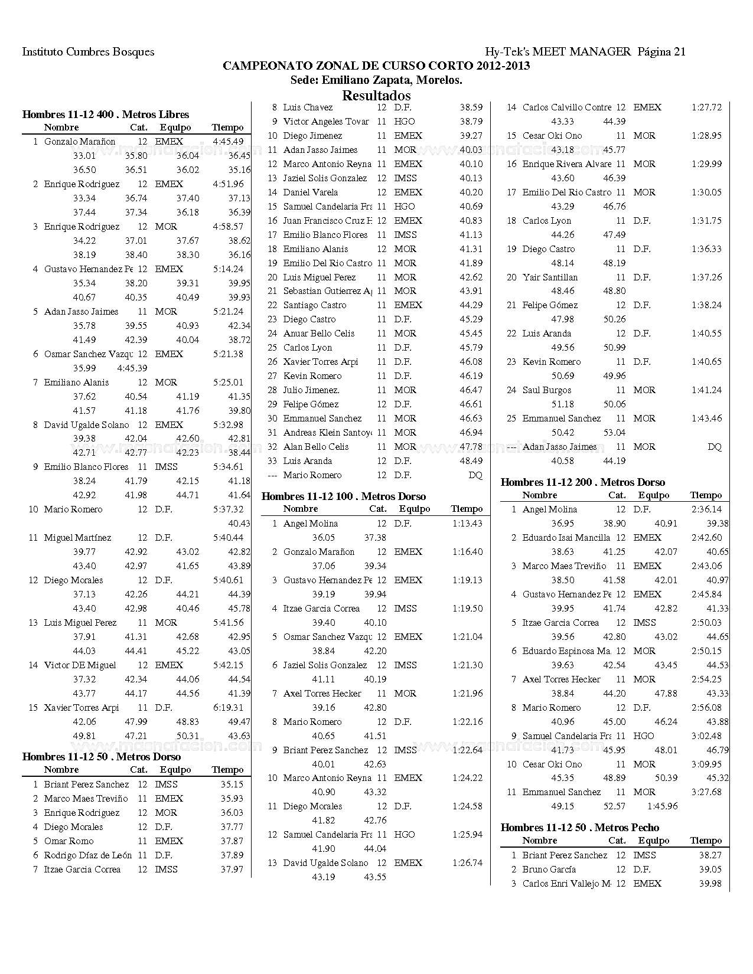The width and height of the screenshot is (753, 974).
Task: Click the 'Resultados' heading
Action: coord(376,95)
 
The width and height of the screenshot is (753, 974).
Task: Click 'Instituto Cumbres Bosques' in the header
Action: coord(88,52)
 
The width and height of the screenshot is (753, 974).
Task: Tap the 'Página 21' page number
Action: coord(661,52)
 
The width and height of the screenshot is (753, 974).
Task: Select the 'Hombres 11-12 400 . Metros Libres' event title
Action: coord(106,115)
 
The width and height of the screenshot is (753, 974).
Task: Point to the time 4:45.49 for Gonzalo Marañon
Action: coord(229,142)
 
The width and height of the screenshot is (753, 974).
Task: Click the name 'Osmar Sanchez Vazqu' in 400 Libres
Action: coord(84,354)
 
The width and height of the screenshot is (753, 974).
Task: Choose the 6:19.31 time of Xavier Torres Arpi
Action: coord(229,708)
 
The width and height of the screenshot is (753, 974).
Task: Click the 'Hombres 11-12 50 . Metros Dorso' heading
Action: coord(102,757)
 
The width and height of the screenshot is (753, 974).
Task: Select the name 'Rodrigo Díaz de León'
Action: coord(88,855)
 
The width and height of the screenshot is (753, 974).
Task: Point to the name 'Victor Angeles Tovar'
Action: coord(326,122)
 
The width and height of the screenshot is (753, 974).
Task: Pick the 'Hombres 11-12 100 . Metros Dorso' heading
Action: coord(344,496)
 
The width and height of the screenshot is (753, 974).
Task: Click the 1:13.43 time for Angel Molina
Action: coord(467,524)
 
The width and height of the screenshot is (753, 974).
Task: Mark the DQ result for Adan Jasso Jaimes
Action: coord(715,447)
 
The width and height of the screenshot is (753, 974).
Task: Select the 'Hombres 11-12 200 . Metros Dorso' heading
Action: coord(583,482)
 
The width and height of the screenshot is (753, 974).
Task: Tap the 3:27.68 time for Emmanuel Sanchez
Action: coord(706,792)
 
